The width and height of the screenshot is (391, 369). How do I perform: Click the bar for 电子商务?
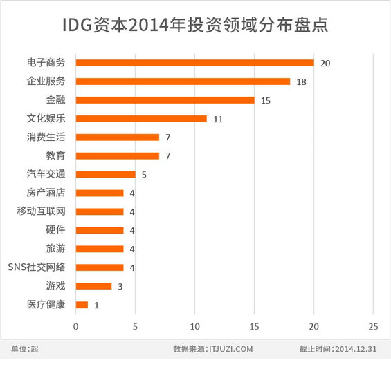194,63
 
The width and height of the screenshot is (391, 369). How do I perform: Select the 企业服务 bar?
183,82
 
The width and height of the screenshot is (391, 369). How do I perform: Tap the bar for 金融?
165,100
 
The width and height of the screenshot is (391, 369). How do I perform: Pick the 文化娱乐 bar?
141,119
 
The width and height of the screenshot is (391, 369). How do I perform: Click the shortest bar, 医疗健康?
82,305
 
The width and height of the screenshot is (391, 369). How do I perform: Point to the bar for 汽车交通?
105,175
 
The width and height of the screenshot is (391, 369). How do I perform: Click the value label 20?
325,64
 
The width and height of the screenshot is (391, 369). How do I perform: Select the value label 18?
301,82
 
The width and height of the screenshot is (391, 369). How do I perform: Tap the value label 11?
218,120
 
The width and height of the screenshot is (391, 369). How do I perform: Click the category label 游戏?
56,285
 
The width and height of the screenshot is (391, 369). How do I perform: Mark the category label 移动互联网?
42,211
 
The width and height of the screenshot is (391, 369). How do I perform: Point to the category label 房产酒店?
46,193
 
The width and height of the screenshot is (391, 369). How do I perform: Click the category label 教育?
56,155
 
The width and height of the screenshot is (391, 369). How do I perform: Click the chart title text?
194,25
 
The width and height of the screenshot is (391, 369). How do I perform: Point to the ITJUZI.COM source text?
230,349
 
